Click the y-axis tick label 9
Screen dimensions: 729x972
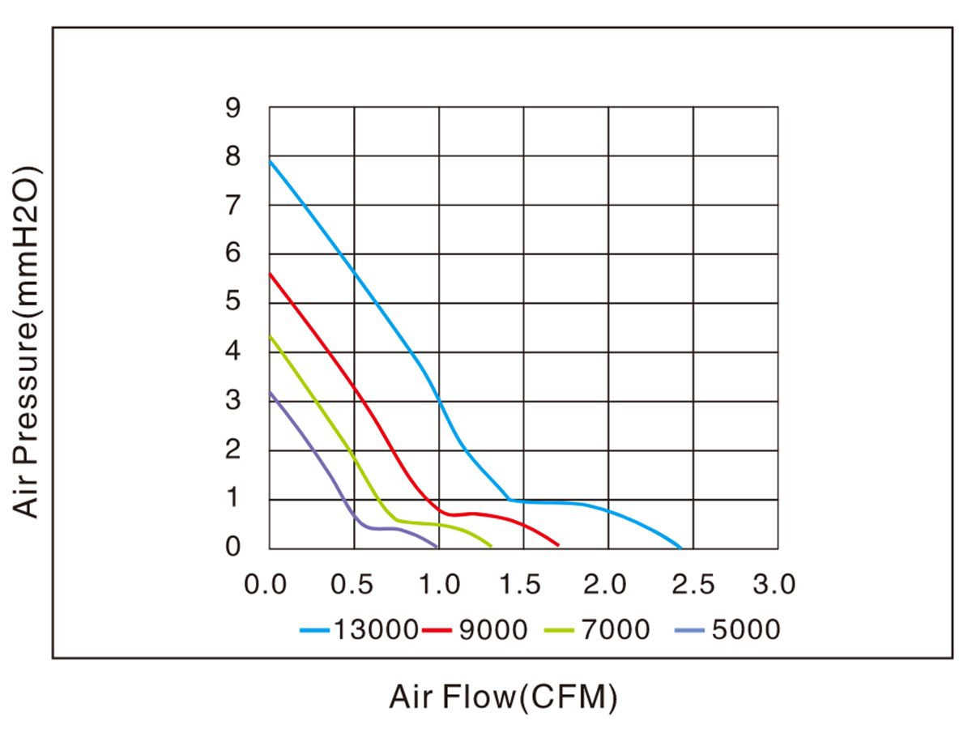[x=233, y=108]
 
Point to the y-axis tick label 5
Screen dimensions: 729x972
[x=233, y=303]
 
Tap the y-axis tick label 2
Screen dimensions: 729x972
[x=233, y=450]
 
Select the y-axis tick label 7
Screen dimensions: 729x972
[x=233, y=206]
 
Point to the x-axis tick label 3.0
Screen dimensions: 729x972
[x=774, y=584]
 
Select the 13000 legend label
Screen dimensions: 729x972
[x=374, y=629]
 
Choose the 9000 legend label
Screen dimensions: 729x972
[x=493, y=629]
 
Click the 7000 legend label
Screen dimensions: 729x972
[x=615, y=629]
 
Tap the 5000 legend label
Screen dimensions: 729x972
[x=745, y=629]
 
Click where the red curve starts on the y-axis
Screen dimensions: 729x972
[x=270, y=274]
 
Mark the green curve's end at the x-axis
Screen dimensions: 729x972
[x=492, y=547]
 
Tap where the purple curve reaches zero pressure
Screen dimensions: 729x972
[x=437, y=548]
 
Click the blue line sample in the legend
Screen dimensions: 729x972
[x=314, y=630]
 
